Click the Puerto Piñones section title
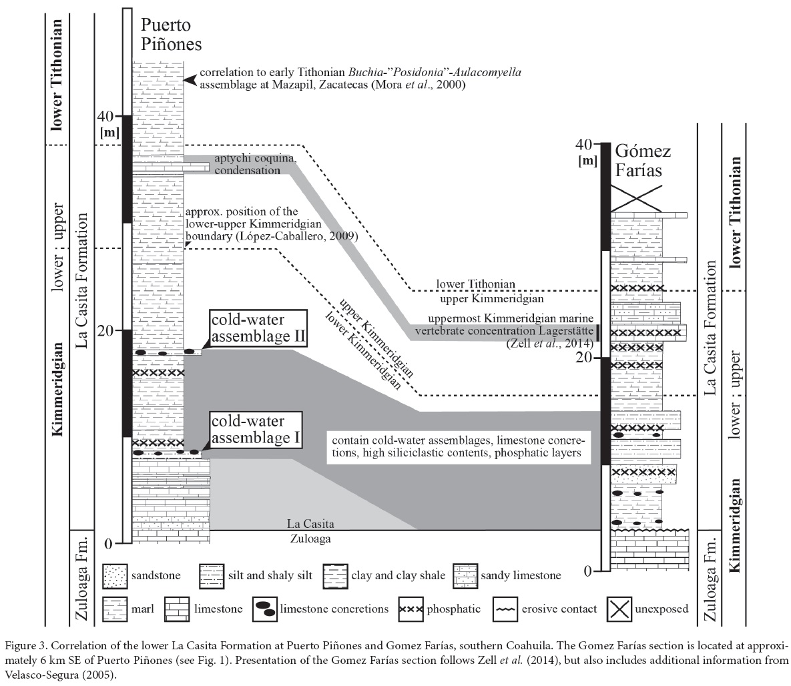171,34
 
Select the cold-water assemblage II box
258,328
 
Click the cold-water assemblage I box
256,429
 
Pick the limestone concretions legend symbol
266,609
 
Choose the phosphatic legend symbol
411,609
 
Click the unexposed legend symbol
619,609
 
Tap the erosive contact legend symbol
505,609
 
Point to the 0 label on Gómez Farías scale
587,571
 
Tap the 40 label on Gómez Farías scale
584,144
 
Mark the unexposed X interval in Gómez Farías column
635,198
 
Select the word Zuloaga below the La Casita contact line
310,539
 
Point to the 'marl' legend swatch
115,609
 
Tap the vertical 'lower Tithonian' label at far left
56,75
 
